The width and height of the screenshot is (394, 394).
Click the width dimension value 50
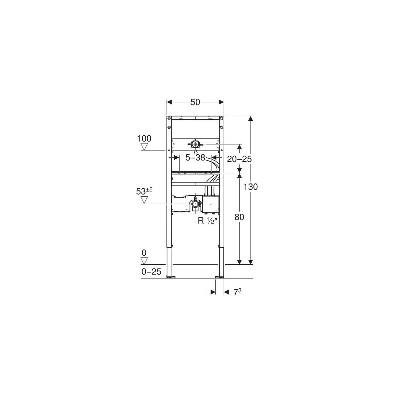click(195, 102)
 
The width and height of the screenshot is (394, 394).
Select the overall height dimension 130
click(251, 187)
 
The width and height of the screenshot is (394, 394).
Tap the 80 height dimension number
click(239, 217)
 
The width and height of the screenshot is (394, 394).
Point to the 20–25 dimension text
click(239, 159)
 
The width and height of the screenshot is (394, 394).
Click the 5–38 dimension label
click(195, 158)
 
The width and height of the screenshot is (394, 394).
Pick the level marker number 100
click(144, 139)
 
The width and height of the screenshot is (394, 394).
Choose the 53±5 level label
click(144, 191)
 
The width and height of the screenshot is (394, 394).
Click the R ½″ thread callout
click(207, 221)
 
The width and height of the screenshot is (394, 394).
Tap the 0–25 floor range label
click(151, 272)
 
